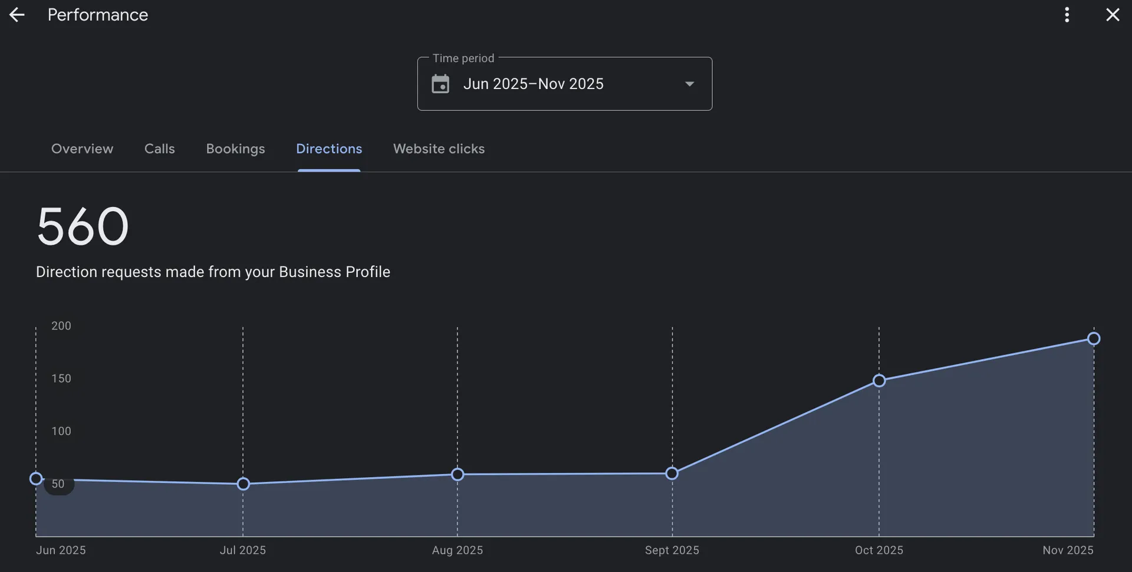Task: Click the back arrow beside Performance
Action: point(17,15)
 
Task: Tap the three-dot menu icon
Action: point(1067,15)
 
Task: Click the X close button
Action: point(1112,15)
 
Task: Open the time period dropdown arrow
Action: point(689,84)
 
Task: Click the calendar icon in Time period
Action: point(440,84)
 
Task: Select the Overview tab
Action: point(82,149)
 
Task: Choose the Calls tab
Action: point(159,149)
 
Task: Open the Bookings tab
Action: point(235,149)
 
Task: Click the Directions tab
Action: point(329,149)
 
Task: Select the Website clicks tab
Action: point(439,149)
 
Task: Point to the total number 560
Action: point(83,226)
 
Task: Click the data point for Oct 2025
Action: point(878,381)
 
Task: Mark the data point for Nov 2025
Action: point(1094,338)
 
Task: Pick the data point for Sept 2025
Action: point(672,474)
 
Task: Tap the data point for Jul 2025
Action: point(243,484)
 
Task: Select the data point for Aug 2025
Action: point(458,475)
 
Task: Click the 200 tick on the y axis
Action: point(61,326)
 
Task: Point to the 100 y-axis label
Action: point(61,431)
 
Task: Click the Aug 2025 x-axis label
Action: point(458,550)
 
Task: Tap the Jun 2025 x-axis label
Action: point(61,550)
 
